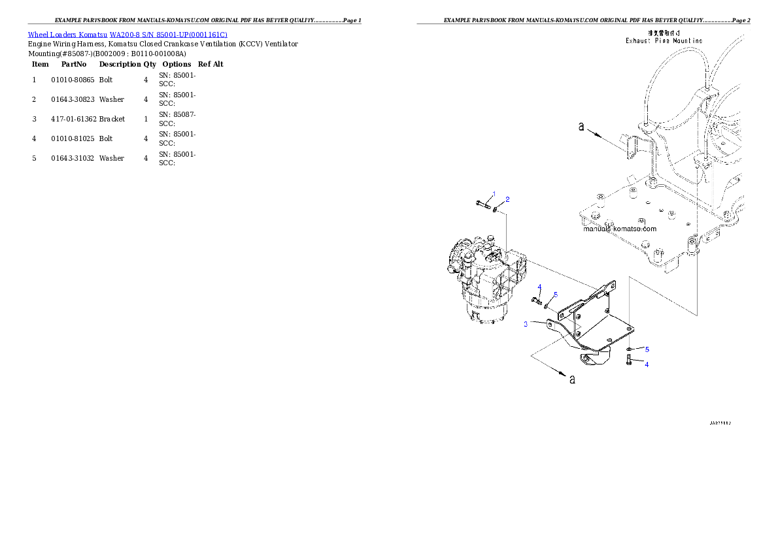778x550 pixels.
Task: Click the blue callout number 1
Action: pyautogui.click(x=494, y=193)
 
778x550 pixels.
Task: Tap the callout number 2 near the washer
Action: pyautogui.click(x=507, y=199)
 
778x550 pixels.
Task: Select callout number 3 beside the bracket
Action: pyautogui.click(x=525, y=324)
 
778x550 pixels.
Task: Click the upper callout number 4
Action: pyautogui.click(x=540, y=287)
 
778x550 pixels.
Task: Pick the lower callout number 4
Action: pyautogui.click(x=647, y=364)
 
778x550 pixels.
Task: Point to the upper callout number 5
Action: pyautogui.click(x=555, y=295)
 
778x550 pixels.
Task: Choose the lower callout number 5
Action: pyautogui.click(x=647, y=349)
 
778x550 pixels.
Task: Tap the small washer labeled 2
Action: pyautogui.click(x=498, y=209)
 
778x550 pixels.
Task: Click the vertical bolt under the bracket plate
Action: pyautogui.click(x=628, y=359)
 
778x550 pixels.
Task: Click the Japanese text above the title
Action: pyautogui.click(x=664, y=32)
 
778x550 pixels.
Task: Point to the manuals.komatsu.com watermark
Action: pyautogui.click(x=620, y=229)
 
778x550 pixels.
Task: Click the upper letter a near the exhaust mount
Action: pyautogui.click(x=581, y=127)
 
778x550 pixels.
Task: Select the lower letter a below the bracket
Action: pyautogui.click(x=573, y=380)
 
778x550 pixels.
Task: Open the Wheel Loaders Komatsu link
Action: pyautogui.click(x=127, y=35)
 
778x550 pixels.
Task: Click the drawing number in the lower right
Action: pyautogui.click(x=720, y=423)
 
